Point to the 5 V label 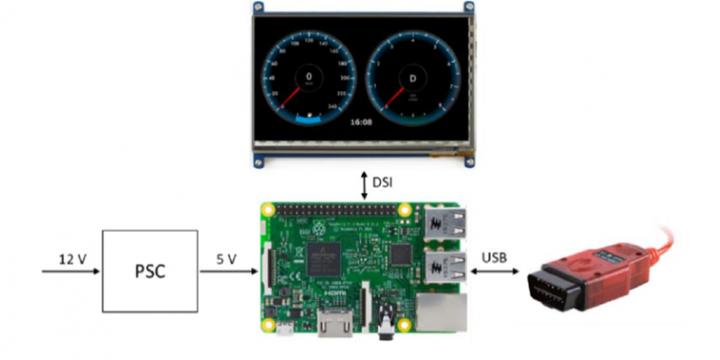click(x=227, y=258)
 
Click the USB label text click(x=495, y=258)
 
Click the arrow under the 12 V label click(x=70, y=273)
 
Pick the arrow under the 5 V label click(x=227, y=273)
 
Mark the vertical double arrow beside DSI click(x=365, y=183)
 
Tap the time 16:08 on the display click(x=360, y=121)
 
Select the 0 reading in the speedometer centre click(x=308, y=76)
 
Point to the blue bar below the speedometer click(x=307, y=119)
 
